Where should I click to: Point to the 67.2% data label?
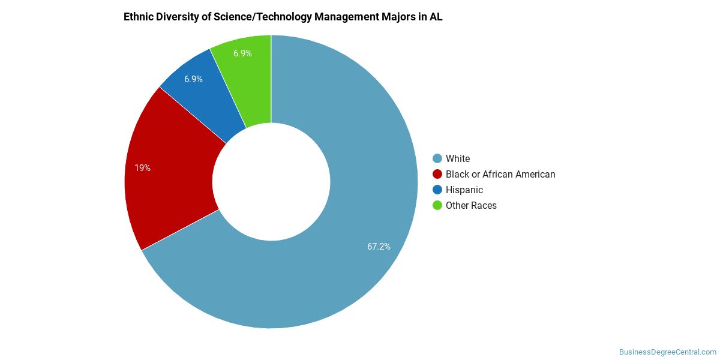[x=379, y=247]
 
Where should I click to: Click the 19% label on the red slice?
[x=142, y=168]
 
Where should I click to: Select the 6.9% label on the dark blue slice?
[x=193, y=79]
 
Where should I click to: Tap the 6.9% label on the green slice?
[x=242, y=53]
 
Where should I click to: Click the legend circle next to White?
[x=437, y=158]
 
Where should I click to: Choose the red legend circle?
[x=437, y=174]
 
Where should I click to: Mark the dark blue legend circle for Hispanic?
[x=437, y=190]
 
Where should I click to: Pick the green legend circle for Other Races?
[x=437, y=205]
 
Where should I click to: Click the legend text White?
[x=458, y=158]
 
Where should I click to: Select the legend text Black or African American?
[x=500, y=174]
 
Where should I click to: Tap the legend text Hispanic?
[x=464, y=190]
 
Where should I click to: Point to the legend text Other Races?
[x=471, y=205]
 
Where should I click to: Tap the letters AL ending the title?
[x=436, y=17]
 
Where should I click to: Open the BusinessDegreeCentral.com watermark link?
[x=667, y=352]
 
